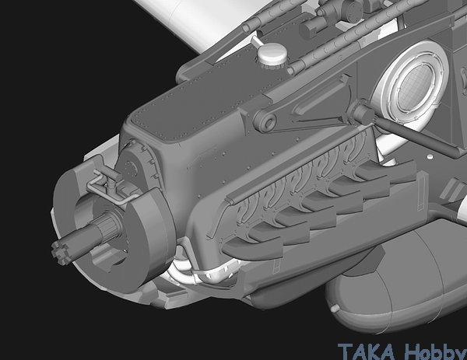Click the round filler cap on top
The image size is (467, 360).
[272, 54]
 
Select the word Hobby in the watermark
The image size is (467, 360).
[435, 351]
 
